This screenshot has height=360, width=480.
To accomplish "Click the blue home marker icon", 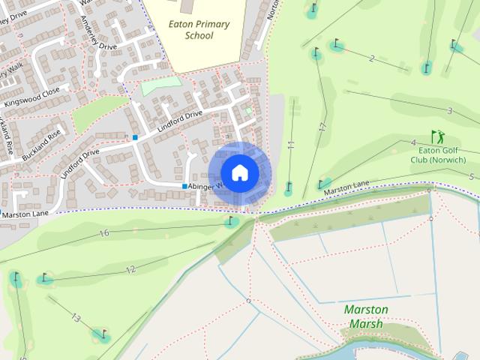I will point(239,172).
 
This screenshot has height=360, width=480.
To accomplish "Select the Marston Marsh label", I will point(365,316).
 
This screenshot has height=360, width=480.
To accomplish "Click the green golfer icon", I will point(437,136).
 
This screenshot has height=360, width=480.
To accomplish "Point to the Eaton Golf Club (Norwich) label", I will point(442,154).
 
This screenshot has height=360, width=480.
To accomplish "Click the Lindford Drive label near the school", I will point(180,123).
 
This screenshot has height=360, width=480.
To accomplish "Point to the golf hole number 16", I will point(104,233).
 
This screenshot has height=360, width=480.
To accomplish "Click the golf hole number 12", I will point(130,269).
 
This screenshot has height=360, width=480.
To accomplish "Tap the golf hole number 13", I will point(76,318).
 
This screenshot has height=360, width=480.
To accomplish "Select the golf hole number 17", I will point(322,128).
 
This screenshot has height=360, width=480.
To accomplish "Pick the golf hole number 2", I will point(371,58).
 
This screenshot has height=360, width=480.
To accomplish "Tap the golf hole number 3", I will point(449,111).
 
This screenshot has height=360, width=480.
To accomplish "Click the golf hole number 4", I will point(413,142).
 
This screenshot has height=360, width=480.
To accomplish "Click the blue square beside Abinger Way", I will point(184,186).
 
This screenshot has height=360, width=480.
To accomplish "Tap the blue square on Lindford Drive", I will point(135,137).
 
